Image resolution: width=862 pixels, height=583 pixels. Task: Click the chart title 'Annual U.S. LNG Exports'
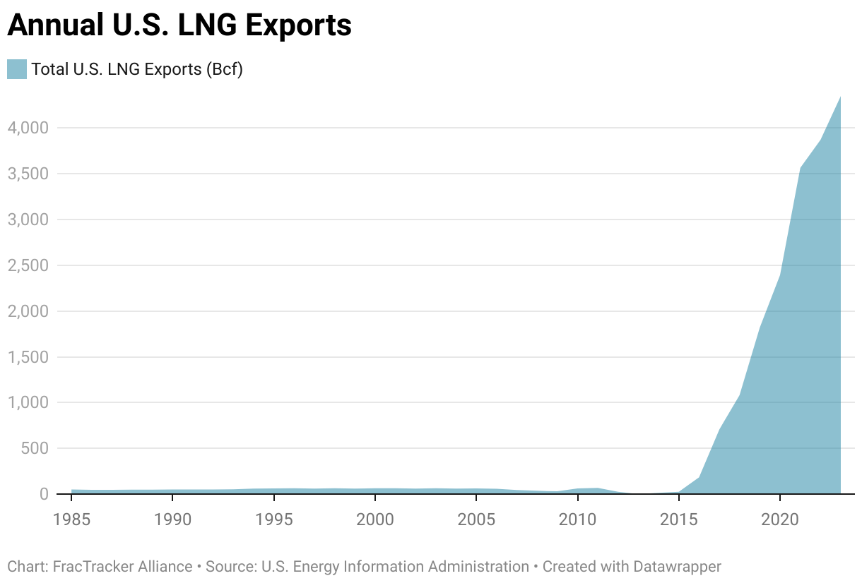pos(179,25)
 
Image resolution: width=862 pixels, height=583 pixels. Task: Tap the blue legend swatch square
pos(17,69)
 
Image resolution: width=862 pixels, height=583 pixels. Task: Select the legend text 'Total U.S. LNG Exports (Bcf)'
pos(137,69)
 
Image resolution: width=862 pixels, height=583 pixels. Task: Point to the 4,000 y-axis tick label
pos(28,128)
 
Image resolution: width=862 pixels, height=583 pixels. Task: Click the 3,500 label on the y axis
pos(28,174)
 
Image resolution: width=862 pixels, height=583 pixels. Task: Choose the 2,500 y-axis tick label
pos(28,265)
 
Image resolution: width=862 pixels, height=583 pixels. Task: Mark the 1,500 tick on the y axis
pos(28,357)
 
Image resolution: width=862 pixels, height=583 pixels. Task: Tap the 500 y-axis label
pos(34,448)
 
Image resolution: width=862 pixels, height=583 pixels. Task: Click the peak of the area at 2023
pos(840,97)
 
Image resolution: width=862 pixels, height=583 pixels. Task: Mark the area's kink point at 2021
pos(800,168)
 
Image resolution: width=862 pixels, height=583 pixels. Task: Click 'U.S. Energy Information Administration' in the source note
pos(395,566)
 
